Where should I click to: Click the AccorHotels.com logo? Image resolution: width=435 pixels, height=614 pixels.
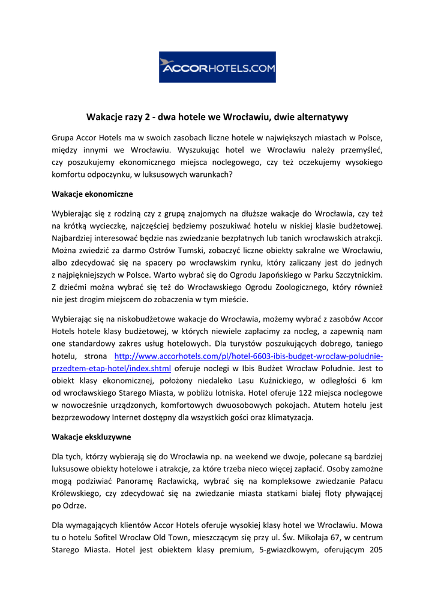tap(217, 67)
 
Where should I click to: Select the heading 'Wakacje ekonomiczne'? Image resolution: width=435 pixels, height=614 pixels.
tap(92, 194)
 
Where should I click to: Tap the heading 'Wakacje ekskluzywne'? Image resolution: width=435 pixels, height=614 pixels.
tap(91, 437)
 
